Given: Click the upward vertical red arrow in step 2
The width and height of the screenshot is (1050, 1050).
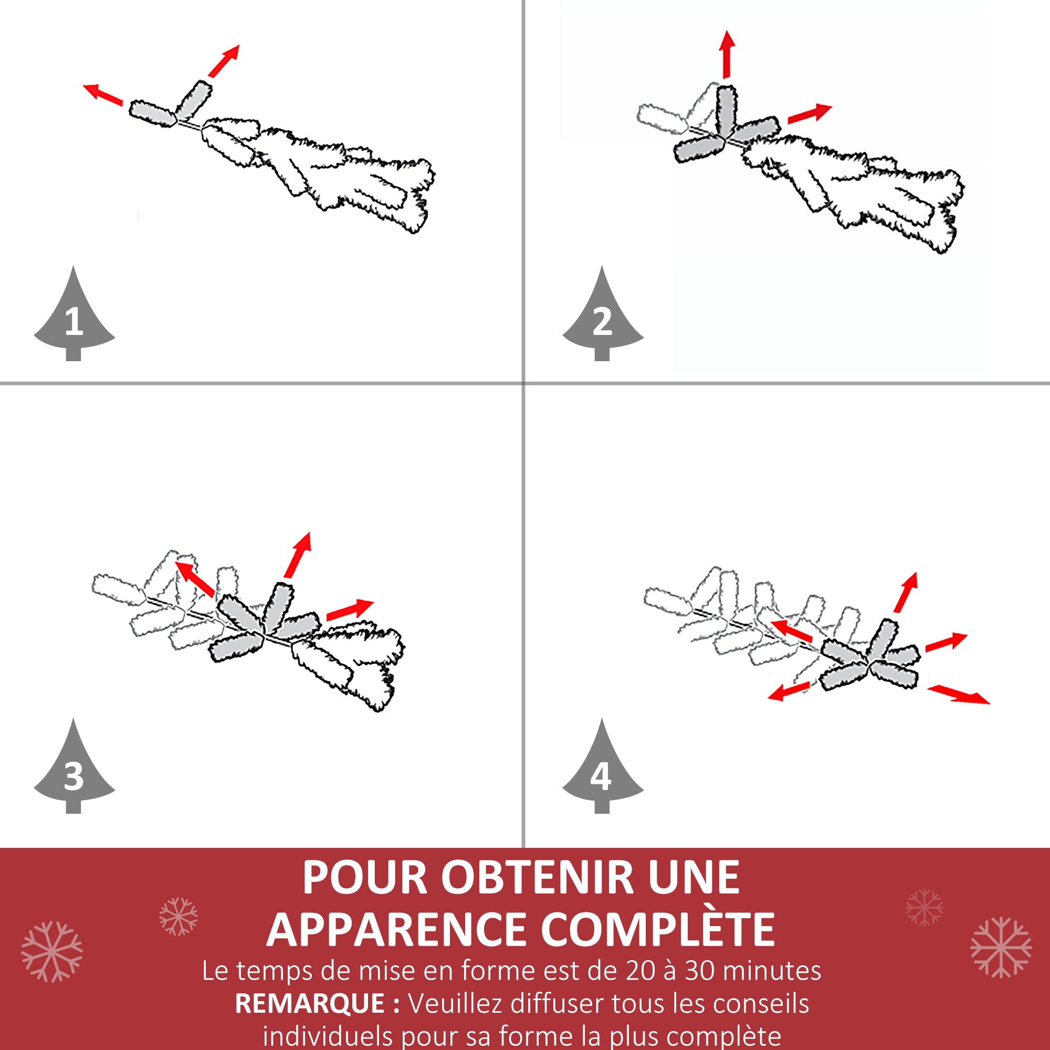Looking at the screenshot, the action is [727, 55].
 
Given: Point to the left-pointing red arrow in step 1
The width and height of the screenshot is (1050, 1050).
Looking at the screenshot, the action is [103, 94].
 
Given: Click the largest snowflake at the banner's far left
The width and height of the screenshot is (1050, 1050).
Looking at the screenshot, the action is [51, 951].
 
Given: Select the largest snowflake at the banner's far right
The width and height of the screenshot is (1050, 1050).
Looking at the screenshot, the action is [1001, 947].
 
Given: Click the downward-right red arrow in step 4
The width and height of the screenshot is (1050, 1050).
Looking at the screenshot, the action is [959, 695].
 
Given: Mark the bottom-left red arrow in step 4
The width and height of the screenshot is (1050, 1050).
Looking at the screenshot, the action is [789, 691].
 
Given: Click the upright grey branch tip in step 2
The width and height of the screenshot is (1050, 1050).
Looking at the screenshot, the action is [726, 111].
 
